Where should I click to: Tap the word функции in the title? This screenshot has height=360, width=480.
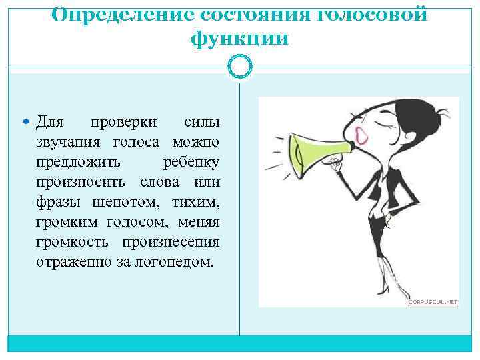pyautogui.click(x=239, y=39)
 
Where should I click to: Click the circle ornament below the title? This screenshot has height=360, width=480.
pyautogui.click(x=239, y=65)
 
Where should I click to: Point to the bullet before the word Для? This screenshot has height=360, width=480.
pyautogui.click(x=26, y=123)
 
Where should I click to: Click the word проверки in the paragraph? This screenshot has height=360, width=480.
pyautogui.click(x=124, y=123)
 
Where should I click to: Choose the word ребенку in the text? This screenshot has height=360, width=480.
pyautogui.click(x=191, y=162)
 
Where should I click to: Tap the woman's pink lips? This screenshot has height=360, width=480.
pyautogui.click(x=363, y=136)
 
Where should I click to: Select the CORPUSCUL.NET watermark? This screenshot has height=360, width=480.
pyautogui.click(x=433, y=302)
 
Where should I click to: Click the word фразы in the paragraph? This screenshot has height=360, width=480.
pyautogui.click(x=56, y=201)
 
